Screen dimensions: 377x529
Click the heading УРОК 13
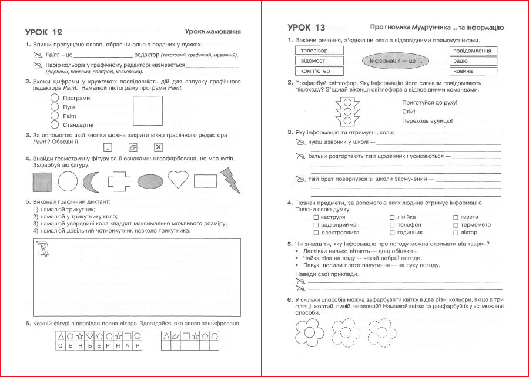pyautogui.click(x=306, y=28)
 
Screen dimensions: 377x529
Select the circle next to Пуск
pyautogui.click(x=55, y=107)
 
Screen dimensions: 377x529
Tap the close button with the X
pyautogui.click(x=158, y=147)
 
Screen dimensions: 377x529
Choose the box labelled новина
pyautogui.click(x=473, y=71)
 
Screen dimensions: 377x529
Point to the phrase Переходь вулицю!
pyautogui.click(x=427, y=120)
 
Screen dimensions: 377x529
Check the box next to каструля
pyautogui.click(x=316, y=217)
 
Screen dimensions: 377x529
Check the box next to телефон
pyautogui.click(x=391, y=225)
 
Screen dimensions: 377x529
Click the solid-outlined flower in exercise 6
pyautogui.click(x=306, y=333)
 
